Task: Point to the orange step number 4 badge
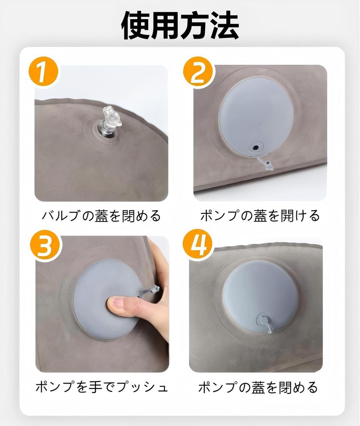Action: pos(197,247)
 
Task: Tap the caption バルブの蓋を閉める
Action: pos(101,215)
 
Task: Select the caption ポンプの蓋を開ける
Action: pos(260,215)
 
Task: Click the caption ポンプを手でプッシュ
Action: pos(101,387)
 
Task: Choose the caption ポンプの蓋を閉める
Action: pos(258,387)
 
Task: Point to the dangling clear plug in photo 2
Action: pos(266,163)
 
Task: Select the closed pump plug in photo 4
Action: pos(264,321)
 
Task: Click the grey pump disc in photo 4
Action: pos(260,291)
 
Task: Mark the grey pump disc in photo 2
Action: pos(256,116)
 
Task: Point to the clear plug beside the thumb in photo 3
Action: pos(150,290)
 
